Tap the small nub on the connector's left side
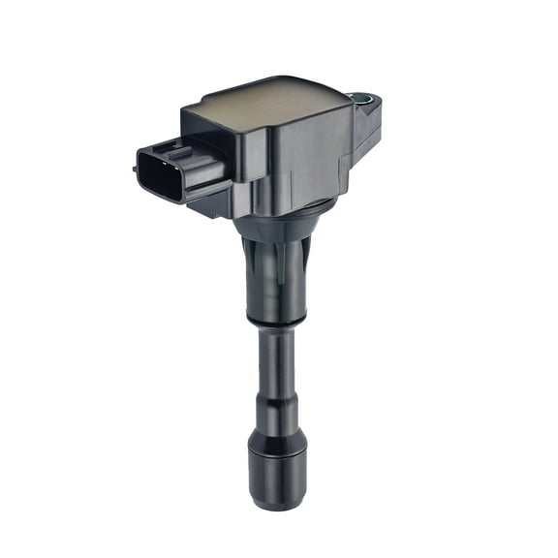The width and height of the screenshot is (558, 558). point(135,168)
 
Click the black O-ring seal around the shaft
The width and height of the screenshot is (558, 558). point(277,320)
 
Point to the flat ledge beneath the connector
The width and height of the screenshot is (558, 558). point(208,202)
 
